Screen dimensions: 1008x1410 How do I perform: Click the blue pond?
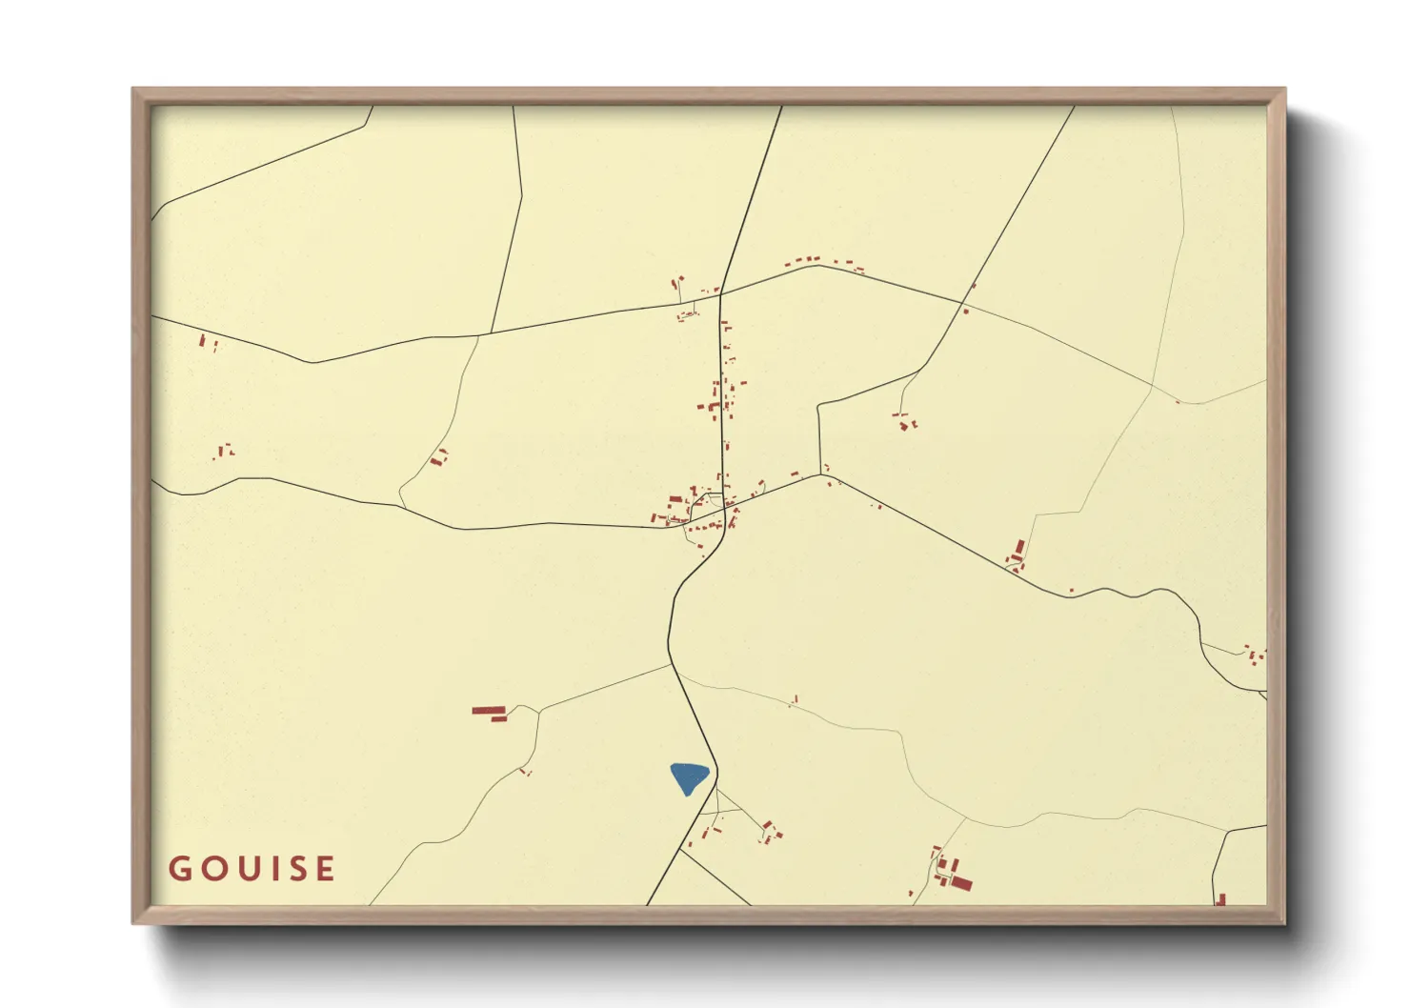688,777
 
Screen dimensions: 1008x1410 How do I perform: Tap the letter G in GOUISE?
179,869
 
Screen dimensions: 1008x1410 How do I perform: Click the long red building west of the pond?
489,711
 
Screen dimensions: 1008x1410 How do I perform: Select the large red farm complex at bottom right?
953,875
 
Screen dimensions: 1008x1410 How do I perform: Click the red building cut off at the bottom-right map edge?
1219,898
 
